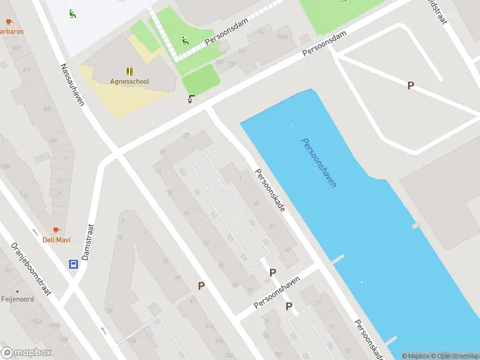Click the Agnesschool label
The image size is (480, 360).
tap(130, 81)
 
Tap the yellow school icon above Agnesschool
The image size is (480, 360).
tap(130, 71)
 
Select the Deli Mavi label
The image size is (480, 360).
tap(56, 240)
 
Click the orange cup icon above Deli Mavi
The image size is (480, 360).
tap(56, 230)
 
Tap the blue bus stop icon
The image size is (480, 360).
tap(73, 263)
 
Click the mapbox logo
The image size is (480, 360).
tap(26, 352)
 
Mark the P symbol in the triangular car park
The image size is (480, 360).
tap(410, 86)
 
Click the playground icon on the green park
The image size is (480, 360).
tap(185, 41)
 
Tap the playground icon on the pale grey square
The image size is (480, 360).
tap(73, 13)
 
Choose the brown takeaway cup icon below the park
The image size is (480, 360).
tap(191, 99)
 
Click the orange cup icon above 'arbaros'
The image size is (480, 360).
tap(8, 22)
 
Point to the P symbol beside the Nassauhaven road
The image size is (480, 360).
tap(202, 286)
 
